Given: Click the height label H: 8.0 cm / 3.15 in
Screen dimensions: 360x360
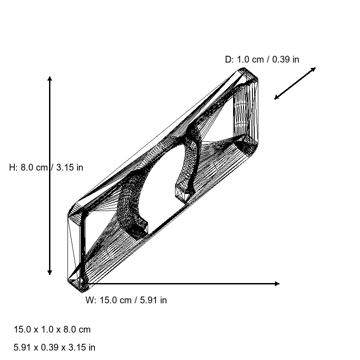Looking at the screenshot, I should (x=46, y=167).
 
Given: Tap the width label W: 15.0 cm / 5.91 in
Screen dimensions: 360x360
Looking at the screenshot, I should (x=126, y=300).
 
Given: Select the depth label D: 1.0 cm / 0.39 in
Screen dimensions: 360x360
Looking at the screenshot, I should (x=262, y=59).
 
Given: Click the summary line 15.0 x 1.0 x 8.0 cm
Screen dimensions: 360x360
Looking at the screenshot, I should (x=52, y=329).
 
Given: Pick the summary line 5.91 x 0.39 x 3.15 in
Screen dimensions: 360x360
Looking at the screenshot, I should (x=54, y=347).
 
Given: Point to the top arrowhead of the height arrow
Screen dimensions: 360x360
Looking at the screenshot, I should (x=49, y=79).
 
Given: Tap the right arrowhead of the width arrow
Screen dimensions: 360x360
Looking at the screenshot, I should (x=277, y=283).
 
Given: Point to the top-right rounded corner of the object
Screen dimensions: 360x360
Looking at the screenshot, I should (x=252, y=74).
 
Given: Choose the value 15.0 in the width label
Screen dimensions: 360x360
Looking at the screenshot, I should (x=108, y=300).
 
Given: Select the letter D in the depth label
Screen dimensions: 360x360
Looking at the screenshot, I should (x=228, y=59).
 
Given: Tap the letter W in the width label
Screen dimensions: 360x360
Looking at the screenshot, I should (x=90, y=300).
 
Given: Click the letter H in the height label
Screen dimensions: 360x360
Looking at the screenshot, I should (x=12, y=167).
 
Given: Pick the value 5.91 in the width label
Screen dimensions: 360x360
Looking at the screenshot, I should (x=148, y=300).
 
